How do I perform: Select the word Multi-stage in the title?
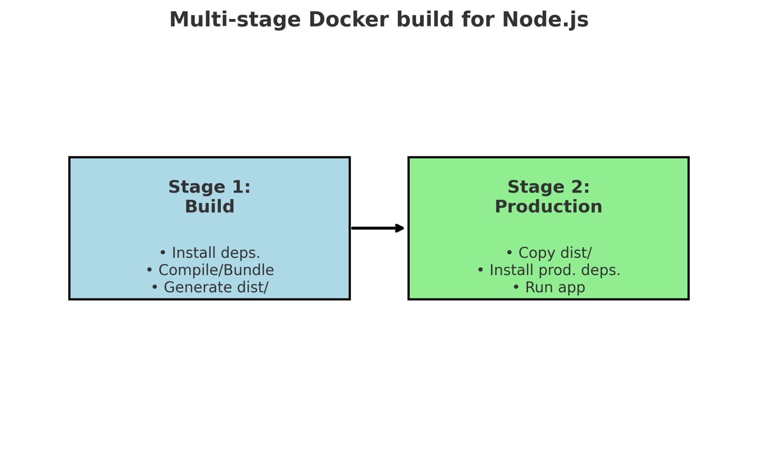pyautogui.click(x=235, y=20)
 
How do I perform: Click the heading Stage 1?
pyautogui.click(x=209, y=187)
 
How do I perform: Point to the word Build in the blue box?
pyautogui.click(x=209, y=207)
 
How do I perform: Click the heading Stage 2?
pyautogui.click(x=548, y=187)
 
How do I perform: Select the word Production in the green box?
pyautogui.click(x=548, y=207)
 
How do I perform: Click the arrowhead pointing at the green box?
pyautogui.click(x=400, y=228)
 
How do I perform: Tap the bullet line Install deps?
pyautogui.click(x=209, y=253)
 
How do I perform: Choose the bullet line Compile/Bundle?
pyautogui.click(x=209, y=270)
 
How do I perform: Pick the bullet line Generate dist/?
pyautogui.click(x=209, y=288)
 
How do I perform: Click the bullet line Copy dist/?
pyautogui.click(x=548, y=253)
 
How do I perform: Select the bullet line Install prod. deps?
pyautogui.click(x=548, y=270)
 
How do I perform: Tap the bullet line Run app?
pyautogui.click(x=548, y=288)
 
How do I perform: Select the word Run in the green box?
pyautogui.click(x=536, y=288)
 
